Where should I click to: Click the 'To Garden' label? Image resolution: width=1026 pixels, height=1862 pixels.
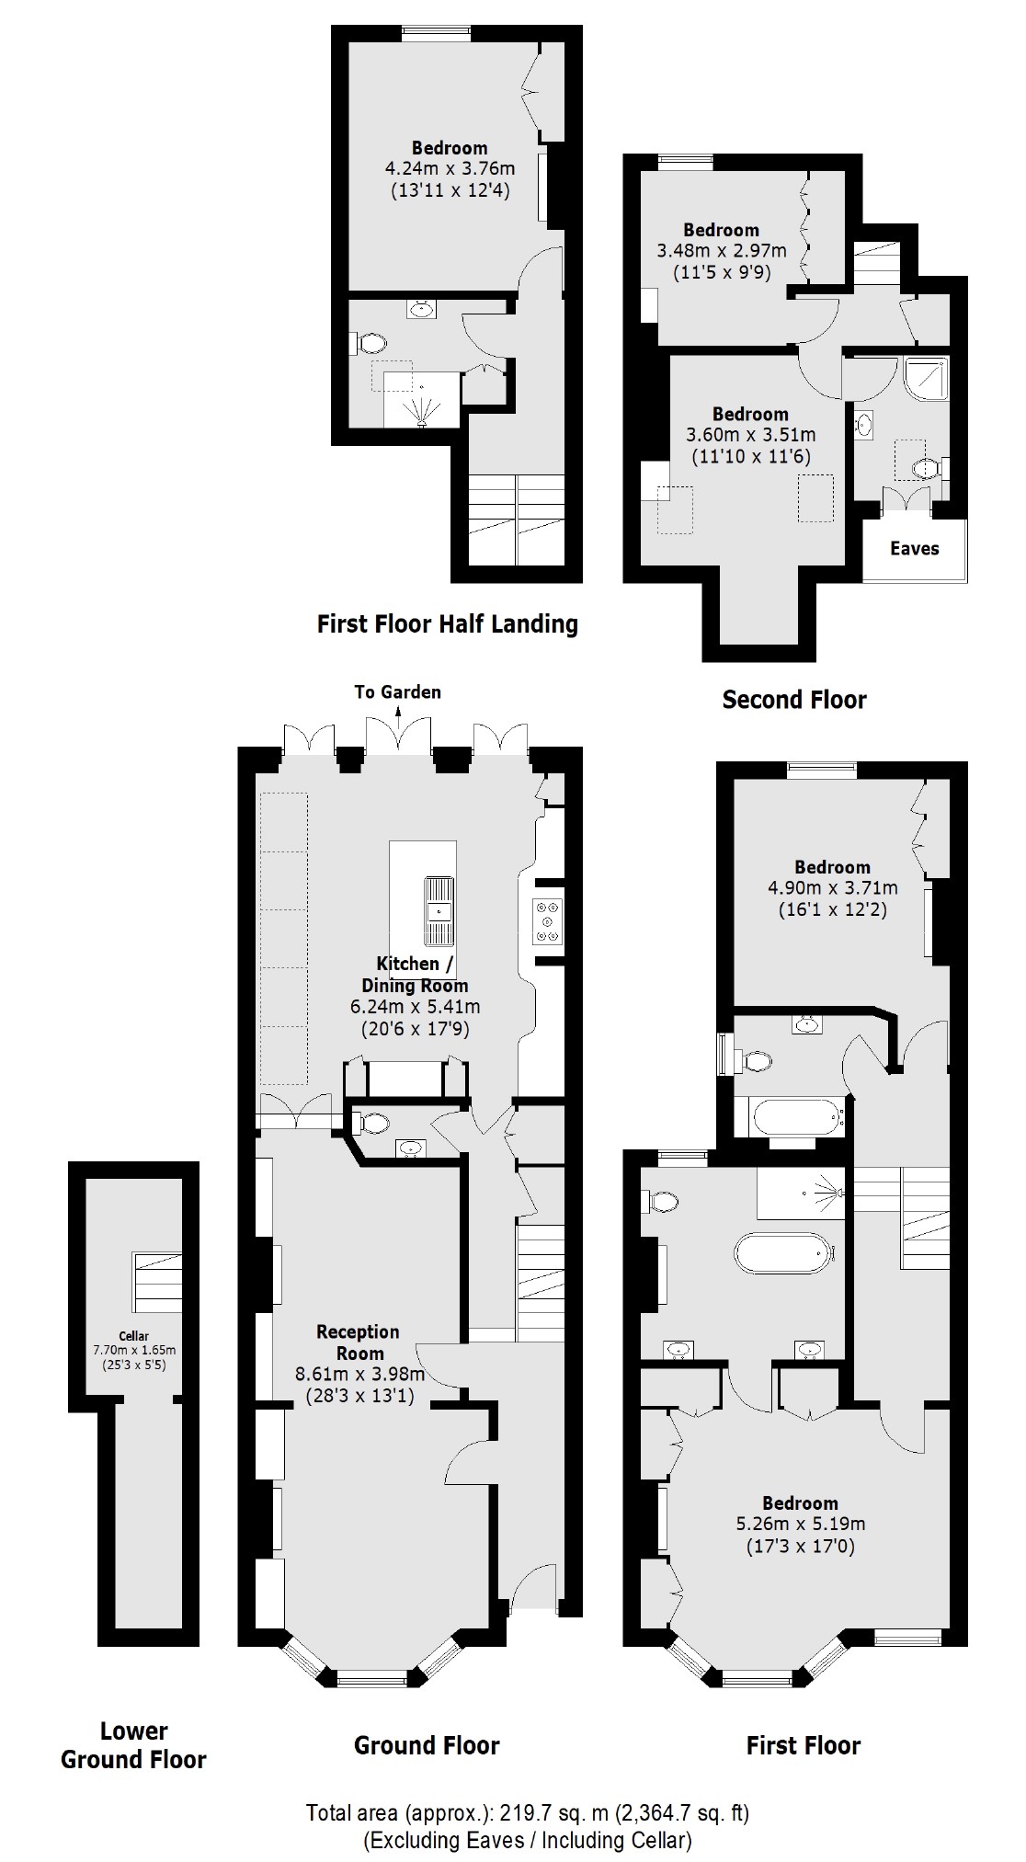click(398, 691)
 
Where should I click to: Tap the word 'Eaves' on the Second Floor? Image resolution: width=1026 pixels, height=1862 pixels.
click(915, 549)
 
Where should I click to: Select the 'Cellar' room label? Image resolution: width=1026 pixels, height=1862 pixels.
click(133, 1336)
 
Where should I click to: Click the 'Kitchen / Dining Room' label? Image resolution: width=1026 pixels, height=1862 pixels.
click(415, 974)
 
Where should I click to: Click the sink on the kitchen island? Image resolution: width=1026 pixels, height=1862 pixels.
click(439, 911)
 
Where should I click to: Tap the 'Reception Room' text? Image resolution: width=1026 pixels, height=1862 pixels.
click(359, 1342)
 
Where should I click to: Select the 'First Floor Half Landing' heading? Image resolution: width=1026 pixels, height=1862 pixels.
click(447, 624)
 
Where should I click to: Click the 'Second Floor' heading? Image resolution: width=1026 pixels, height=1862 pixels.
click(794, 700)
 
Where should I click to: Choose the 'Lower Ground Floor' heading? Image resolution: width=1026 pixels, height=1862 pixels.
click(133, 1745)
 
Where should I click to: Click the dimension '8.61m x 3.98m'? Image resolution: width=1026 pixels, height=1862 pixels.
click(359, 1375)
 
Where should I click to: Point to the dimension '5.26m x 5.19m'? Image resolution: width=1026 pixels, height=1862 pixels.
click(800, 1524)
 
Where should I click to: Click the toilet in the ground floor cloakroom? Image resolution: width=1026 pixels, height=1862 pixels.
click(372, 1122)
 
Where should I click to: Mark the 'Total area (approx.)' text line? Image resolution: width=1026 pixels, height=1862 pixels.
click(528, 1813)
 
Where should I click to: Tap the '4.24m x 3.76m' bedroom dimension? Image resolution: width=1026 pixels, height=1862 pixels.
click(450, 168)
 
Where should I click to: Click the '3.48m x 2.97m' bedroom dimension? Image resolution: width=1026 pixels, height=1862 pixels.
click(722, 250)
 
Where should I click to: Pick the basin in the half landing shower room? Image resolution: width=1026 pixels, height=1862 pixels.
click(421, 309)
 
